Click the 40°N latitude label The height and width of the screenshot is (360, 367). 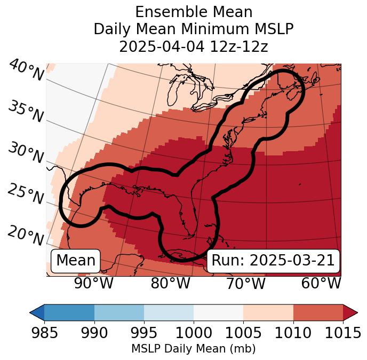26,70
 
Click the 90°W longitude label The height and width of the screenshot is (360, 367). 93,284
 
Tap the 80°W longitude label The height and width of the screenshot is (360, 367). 171,284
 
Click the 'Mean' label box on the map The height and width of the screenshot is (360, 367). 76,261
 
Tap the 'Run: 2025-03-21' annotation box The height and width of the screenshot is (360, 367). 273,261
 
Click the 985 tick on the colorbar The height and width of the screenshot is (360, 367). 44,333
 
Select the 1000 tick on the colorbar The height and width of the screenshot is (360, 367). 194,333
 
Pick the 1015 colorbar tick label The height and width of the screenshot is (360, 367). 342,333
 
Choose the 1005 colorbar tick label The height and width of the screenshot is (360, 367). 243,333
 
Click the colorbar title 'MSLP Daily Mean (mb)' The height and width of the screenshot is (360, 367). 193,349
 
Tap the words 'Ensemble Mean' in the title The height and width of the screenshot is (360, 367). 193,12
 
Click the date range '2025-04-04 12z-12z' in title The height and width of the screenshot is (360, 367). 193,46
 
